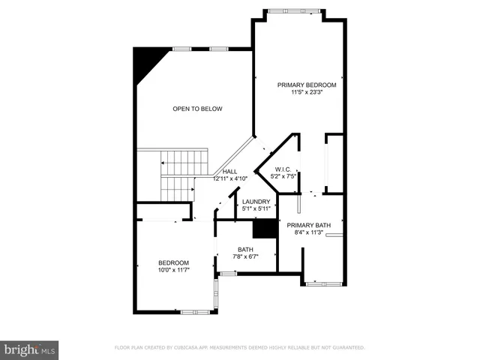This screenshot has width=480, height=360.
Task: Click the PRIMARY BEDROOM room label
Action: [x=307, y=85]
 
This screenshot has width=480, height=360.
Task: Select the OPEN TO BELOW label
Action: [x=197, y=109]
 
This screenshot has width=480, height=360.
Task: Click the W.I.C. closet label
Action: [x=282, y=169]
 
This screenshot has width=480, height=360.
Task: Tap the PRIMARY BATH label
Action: [x=308, y=225]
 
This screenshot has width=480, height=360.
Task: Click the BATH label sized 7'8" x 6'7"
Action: [x=245, y=250]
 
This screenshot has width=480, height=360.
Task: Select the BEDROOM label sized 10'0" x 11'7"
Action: [x=173, y=262]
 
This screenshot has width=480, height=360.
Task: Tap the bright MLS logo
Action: [x=29, y=349]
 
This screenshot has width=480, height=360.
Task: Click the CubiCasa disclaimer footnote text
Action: [x=239, y=348]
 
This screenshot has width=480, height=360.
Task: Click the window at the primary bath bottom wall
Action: [x=324, y=283]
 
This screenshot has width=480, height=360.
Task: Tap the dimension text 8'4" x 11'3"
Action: [x=308, y=232]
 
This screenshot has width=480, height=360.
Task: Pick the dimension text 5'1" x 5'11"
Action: [x=255, y=209]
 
